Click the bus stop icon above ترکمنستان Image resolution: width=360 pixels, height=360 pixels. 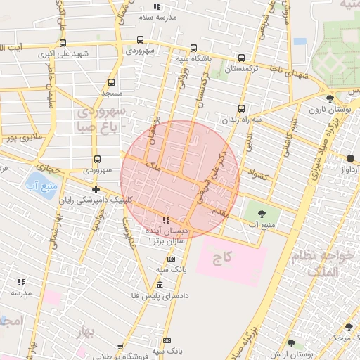[242, 58]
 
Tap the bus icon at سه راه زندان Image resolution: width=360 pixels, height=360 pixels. [242, 108]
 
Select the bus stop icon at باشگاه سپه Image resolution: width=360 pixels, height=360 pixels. [193, 49]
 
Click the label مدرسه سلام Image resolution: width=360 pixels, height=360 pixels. [159, 16]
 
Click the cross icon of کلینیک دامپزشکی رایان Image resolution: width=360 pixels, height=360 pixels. [96, 190]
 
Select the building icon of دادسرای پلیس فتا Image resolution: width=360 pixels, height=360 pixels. [160, 285]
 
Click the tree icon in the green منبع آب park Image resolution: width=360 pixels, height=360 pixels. [262, 211]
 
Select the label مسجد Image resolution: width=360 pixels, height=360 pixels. [111, 93]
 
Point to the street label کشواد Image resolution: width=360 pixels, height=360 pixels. [259, 174]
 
